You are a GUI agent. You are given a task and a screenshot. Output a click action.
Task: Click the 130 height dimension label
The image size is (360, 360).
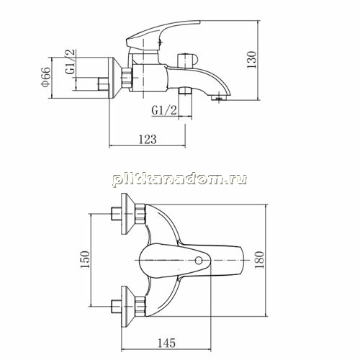coord(252,60)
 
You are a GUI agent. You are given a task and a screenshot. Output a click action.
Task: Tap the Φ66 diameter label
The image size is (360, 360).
coord(45,76)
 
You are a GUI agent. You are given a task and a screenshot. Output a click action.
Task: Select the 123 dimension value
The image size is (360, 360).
coord(148,139)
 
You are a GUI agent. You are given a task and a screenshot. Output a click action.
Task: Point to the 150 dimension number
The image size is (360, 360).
coord(85,259)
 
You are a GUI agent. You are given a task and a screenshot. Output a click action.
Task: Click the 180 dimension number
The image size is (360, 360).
coord(259,260)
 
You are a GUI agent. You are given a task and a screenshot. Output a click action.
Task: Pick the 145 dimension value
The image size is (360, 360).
coord(166,343)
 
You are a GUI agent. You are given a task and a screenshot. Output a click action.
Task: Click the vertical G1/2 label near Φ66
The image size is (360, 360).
coord(71,62)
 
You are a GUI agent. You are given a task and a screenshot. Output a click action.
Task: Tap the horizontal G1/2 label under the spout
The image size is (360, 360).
coord(164,110)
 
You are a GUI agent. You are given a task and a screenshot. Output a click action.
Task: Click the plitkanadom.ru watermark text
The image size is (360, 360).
coord(180,179)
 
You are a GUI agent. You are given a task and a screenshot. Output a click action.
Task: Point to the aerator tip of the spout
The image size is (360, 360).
coord(219,98)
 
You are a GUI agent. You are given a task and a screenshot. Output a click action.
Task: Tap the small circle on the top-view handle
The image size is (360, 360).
coord(199,261)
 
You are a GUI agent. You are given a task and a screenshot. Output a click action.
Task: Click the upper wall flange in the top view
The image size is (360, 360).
coord(127,214)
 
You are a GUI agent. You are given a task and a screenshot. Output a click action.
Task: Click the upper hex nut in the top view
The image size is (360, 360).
coord(140,214)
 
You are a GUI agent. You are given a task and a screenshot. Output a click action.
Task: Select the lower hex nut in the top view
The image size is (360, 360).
coord(140,307)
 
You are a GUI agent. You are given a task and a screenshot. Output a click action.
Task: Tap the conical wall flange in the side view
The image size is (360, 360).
coord(115,78)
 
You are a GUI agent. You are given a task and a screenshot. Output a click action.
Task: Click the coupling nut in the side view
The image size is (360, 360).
coord(127,78)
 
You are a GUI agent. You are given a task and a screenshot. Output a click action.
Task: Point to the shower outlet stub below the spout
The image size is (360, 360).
coord(185,91)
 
